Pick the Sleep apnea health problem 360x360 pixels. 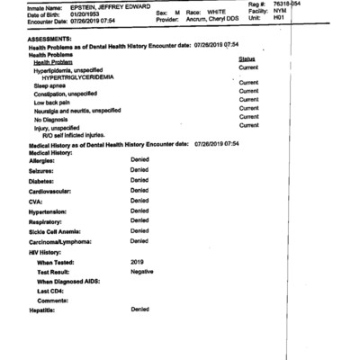(x=52, y=85)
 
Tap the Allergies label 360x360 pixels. (x=48, y=158)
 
